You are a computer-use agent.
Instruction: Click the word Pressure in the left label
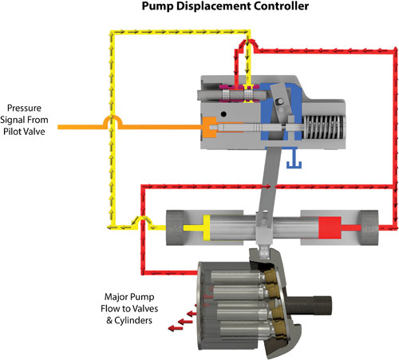29,108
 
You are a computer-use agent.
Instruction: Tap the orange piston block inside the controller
211,126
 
